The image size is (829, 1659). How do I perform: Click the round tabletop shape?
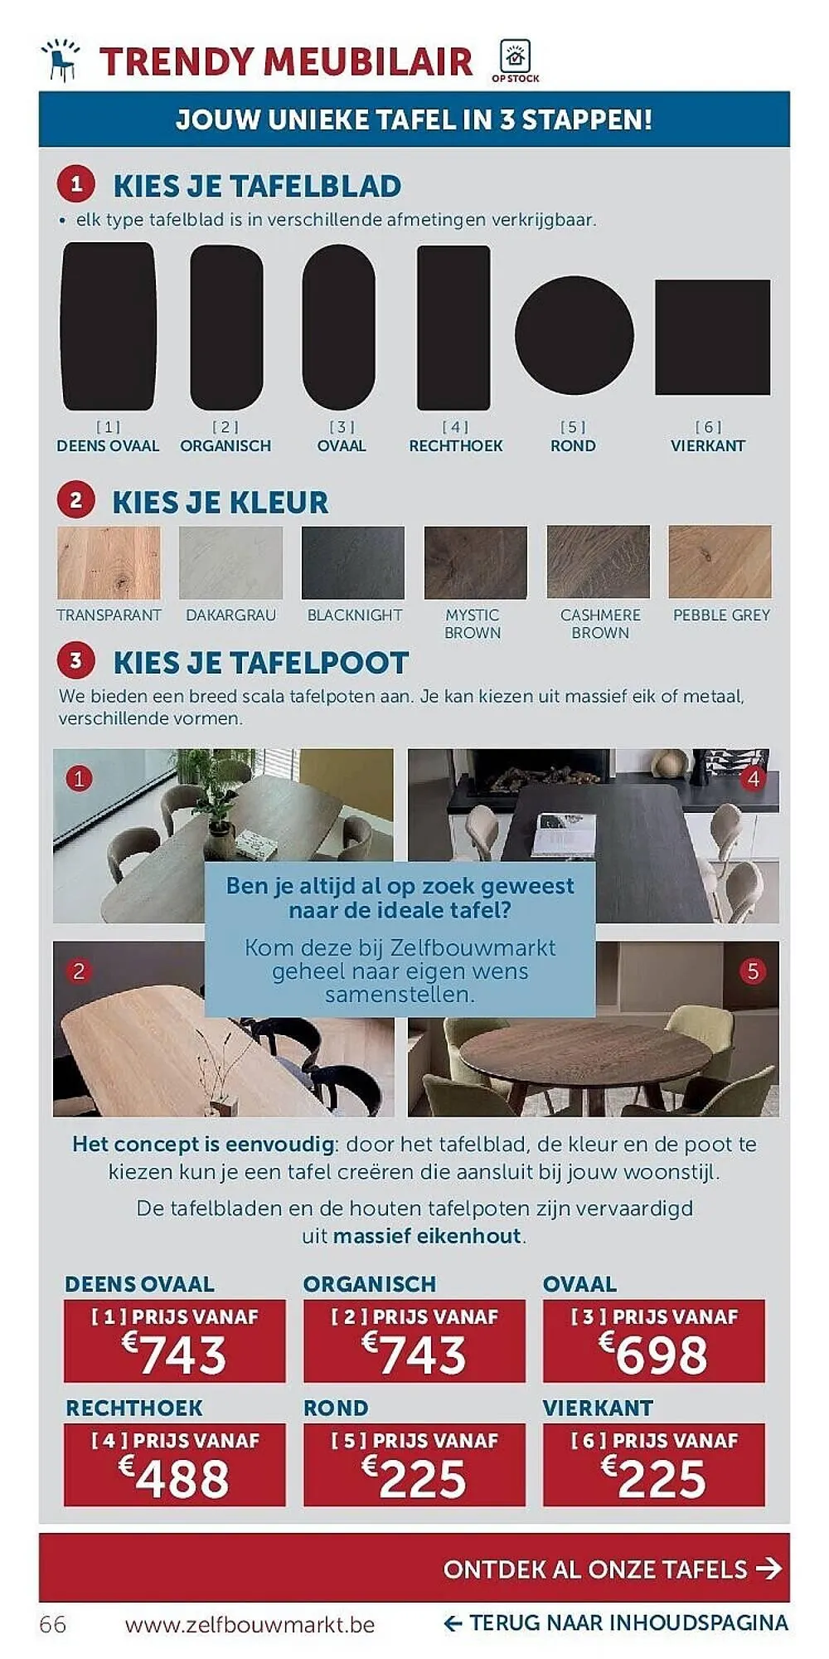coord(574,334)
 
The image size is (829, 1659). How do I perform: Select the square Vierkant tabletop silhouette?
coord(712,337)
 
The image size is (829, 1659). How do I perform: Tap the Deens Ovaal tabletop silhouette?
coord(109,326)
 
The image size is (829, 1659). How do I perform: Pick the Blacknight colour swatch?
coord(353,562)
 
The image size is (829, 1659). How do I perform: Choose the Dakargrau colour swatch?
coord(230,562)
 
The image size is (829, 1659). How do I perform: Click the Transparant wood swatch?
coord(109,562)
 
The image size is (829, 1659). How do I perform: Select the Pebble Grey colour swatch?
coord(720,562)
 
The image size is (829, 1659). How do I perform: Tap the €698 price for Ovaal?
coord(654,1355)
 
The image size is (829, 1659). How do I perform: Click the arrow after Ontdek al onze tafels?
coord(768,1569)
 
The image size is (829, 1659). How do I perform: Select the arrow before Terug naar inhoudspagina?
coord(453,1623)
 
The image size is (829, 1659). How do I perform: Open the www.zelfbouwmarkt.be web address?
coord(250,1624)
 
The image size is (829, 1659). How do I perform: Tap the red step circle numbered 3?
coord(76,661)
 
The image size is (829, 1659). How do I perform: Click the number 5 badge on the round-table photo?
coord(753,971)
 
